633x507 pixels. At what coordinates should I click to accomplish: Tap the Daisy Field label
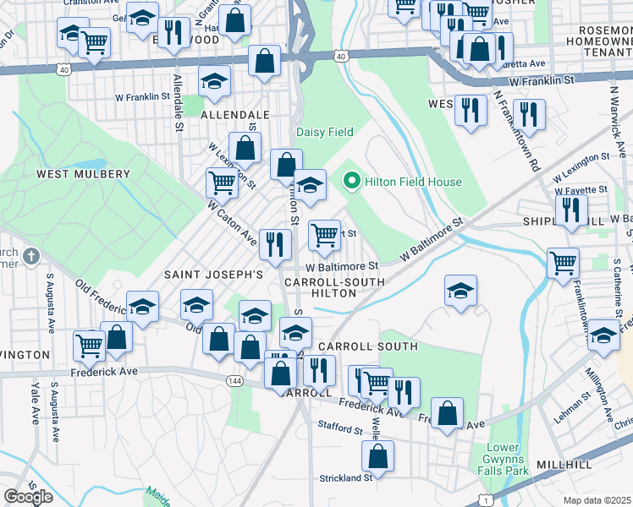click(x=324, y=132)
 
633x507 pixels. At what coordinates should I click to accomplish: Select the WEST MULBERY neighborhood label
click(x=83, y=174)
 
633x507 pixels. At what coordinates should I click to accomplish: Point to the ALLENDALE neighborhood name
click(x=235, y=114)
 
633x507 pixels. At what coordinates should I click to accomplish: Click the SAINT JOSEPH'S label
click(x=214, y=275)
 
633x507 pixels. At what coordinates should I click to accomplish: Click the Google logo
click(x=29, y=497)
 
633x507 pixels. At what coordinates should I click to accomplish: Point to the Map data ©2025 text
click(x=597, y=500)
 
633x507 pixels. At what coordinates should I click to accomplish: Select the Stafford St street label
click(x=340, y=428)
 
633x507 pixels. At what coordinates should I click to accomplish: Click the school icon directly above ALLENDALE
click(x=215, y=83)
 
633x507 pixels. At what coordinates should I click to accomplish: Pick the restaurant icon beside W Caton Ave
click(x=274, y=244)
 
